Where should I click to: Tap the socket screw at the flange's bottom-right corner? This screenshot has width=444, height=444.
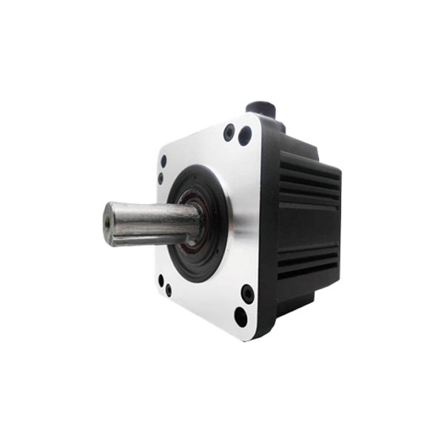(x=248, y=294)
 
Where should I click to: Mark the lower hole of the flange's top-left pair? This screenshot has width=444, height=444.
(x=161, y=178)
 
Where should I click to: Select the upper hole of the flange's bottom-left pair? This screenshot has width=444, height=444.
(x=161, y=280)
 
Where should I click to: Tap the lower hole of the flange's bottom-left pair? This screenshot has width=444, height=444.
(x=169, y=291)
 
